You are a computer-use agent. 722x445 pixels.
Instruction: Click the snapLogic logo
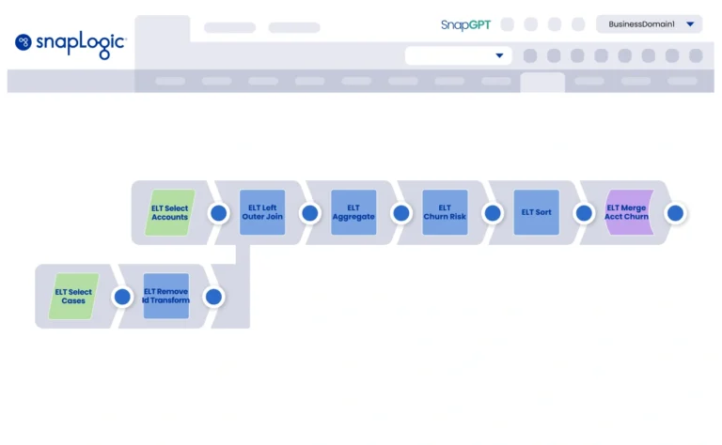click(71, 43)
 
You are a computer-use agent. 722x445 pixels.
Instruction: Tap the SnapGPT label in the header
click(465, 24)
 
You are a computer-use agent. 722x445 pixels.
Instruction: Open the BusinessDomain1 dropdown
click(649, 24)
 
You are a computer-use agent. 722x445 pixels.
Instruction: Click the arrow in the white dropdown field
click(499, 56)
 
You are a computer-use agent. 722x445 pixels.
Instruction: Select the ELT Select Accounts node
click(170, 212)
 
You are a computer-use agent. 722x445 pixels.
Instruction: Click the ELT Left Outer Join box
click(262, 212)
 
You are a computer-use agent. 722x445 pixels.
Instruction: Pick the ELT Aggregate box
click(353, 212)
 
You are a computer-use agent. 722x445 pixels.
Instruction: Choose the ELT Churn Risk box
click(445, 212)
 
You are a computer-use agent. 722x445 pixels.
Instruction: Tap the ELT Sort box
click(537, 212)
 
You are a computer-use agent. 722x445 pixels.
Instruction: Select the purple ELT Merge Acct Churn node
click(627, 212)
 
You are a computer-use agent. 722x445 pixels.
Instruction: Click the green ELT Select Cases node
click(74, 297)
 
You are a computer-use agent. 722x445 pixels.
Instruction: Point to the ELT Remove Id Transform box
click(166, 297)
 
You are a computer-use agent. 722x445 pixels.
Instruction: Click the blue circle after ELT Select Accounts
click(218, 213)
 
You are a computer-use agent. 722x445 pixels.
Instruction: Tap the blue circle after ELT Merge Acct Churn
click(674, 213)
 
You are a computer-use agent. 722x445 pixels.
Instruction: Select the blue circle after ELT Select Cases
click(122, 298)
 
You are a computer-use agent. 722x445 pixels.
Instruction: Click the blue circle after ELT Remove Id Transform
click(213, 298)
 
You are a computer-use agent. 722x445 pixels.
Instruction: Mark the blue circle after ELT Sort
click(584, 213)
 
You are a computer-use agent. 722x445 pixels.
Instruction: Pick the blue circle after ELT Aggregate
click(400, 213)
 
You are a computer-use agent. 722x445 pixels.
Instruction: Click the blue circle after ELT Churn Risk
click(492, 213)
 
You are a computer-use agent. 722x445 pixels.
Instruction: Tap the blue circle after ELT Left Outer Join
click(309, 213)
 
